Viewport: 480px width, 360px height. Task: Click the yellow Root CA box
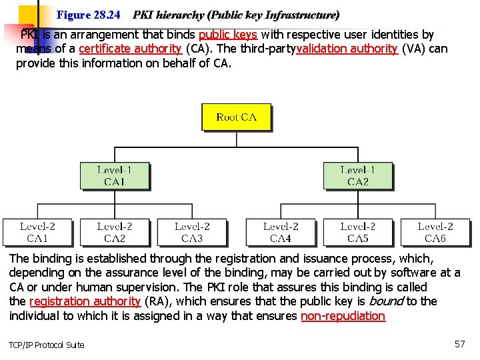(x=236, y=117)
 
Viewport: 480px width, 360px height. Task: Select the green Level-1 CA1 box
(x=114, y=176)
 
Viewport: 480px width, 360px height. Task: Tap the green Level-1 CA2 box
(x=357, y=176)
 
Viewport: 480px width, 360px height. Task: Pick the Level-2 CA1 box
(x=37, y=232)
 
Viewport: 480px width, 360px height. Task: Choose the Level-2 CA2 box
(x=114, y=232)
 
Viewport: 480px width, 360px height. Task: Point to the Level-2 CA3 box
(x=192, y=232)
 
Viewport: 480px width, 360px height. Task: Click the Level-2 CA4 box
(x=280, y=232)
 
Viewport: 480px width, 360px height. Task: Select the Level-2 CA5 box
(x=357, y=232)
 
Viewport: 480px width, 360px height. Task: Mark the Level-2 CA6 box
(x=435, y=232)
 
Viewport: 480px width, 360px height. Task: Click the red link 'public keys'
(x=227, y=35)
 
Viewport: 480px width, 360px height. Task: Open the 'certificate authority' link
(x=130, y=49)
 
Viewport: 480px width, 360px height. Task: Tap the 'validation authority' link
(x=347, y=49)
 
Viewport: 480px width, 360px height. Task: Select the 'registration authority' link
(x=85, y=301)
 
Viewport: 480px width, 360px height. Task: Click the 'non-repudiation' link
(x=343, y=316)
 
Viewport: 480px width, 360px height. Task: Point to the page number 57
(x=459, y=344)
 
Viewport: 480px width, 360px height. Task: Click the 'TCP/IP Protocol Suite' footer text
(x=47, y=345)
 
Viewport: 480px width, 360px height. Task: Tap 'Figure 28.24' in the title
(x=89, y=14)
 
